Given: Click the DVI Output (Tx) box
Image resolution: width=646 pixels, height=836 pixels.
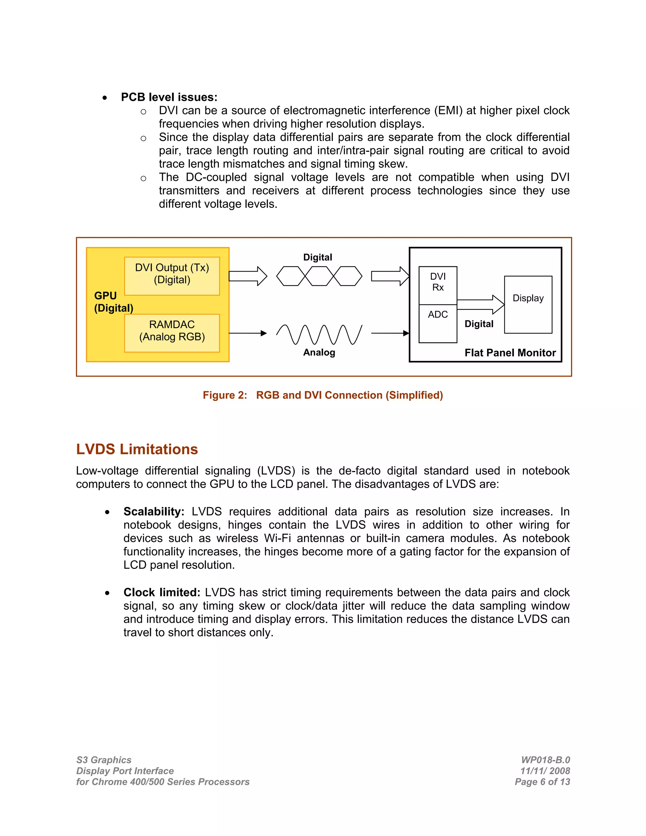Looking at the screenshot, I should coord(172,276).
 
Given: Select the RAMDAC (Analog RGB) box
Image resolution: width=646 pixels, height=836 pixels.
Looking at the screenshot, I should coord(172,333).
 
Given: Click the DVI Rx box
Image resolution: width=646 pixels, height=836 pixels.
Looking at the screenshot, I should coord(438,285).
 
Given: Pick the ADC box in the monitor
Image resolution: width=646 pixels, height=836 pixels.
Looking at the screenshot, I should coord(438,323).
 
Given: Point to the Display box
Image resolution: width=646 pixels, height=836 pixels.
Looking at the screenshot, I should coord(528,304).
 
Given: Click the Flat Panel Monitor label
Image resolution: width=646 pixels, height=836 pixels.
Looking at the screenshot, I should coord(510,353).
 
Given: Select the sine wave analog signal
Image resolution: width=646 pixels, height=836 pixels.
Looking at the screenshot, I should coord(319,334).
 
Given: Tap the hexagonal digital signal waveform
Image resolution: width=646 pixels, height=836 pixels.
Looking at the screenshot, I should coord(319,276).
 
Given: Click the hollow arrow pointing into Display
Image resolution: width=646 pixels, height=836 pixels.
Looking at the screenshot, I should coord(481,304).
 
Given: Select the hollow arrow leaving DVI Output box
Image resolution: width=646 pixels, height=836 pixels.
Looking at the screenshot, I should coord(248,276).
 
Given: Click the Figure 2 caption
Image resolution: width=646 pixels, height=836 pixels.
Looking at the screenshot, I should coord(323,395).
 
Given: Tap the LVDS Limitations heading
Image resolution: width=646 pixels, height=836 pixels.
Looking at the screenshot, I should coord(137,449).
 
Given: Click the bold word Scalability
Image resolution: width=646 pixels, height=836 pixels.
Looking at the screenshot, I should coord(154,511).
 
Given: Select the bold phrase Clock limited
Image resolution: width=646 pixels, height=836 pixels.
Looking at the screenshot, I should coord(161,592).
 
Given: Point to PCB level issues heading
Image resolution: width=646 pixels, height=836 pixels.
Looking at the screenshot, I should coord(169,97).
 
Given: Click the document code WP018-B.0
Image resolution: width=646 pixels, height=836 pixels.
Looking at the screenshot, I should coord(545,760).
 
